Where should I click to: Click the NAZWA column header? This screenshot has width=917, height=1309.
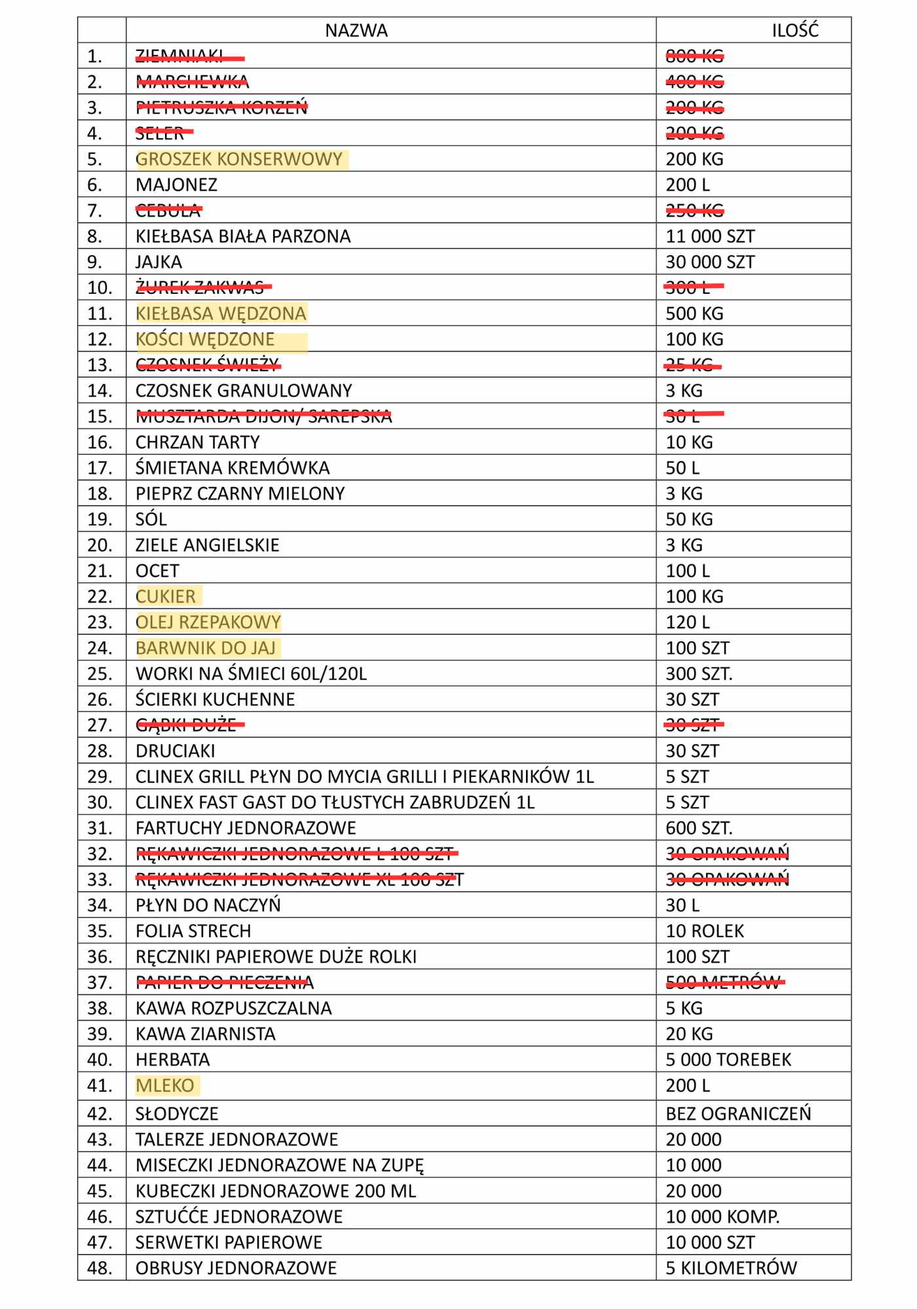pos(356,31)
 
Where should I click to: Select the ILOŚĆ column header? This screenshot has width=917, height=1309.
pos(795,31)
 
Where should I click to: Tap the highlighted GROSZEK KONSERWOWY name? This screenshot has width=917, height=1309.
pos(239,159)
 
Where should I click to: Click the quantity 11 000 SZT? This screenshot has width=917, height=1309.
pos(710,236)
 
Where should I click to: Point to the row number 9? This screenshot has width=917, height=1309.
pos(96,262)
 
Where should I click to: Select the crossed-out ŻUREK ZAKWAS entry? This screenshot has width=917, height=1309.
pos(200,287)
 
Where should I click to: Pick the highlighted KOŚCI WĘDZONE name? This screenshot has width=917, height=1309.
pos(205,339)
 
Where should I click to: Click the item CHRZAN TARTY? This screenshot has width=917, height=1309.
pos(197,442)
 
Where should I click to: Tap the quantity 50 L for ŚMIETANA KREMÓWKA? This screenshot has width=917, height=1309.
pos(683,468)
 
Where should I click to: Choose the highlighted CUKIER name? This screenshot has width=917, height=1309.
pos(166,596)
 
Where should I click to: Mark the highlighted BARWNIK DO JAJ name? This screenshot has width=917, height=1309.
pos(206,648)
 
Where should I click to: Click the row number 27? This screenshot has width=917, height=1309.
pos(100,725)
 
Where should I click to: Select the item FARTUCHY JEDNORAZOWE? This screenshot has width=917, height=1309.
pos(246,828)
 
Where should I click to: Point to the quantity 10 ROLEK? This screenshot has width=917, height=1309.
pos(705,931)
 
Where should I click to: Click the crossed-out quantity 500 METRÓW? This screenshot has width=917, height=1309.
pos(723,982)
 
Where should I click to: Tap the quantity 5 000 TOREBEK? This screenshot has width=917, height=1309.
pos(728,1060)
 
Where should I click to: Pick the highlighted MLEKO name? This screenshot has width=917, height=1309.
pos(165,1086)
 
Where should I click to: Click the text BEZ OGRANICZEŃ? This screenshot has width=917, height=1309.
pos(738,1113)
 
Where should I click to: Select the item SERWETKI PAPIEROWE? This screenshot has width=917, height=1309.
pos(229,1242)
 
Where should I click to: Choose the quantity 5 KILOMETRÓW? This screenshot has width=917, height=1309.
pos(731,1268)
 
